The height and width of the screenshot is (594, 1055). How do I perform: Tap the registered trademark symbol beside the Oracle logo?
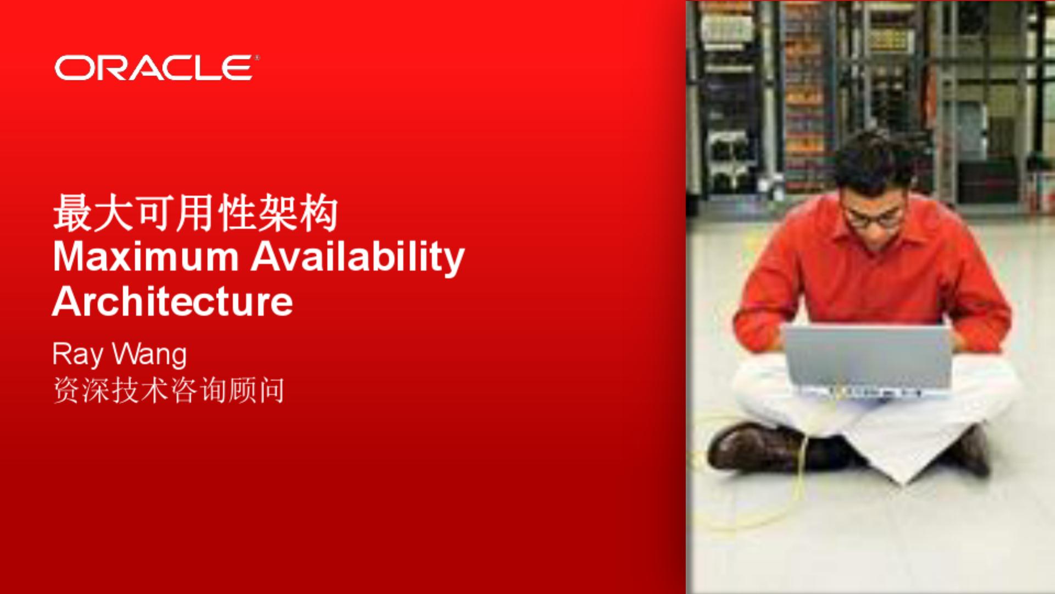coord(257,57)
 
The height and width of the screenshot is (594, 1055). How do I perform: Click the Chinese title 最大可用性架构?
coord(195,213)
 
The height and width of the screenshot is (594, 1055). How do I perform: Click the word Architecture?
coord(173,301)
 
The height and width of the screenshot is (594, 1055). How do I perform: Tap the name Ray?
coord(77,355)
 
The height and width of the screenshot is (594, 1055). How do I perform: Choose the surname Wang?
coord(149,355)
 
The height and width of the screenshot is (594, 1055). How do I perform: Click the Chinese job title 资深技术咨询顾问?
coord(169,391)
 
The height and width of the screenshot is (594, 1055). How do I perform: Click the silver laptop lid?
coord(868,356)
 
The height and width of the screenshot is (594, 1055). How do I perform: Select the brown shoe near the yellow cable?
coord(756,447)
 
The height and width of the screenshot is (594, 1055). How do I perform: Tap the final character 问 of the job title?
coord(271,391)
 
